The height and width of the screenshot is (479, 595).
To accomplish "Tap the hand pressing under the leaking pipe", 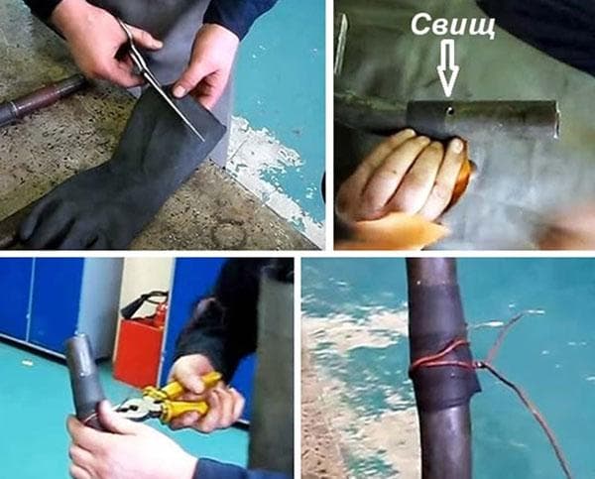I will click(x=397, y=179).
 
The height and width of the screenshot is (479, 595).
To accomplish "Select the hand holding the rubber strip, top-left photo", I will click(x=203, y=64).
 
